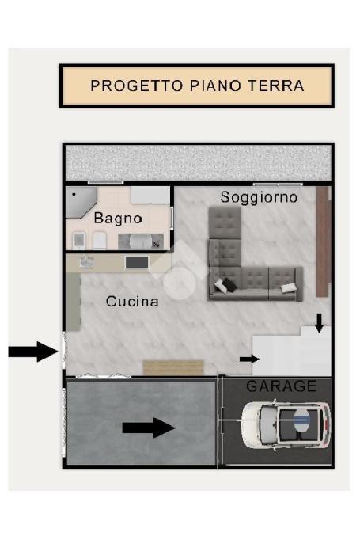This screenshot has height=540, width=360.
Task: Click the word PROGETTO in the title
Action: pyautogui.click(x=136, y=86)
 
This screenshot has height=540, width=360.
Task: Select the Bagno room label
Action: pyautogui.click(x=118, y=219)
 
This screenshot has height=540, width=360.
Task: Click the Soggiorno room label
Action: pyautogui.click(x=259, y=197)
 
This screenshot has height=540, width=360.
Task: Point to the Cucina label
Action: pyautogui.click(x=132, y=302)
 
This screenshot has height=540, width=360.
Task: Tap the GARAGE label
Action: pyautogui.click(x=282, y=386)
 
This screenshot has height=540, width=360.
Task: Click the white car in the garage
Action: pyautogui.click(x=286, y=424)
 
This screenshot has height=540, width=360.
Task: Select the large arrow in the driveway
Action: pyautogui.click(x=149, y=428)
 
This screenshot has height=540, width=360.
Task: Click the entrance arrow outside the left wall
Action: pyautogui.click(x=33, y=352)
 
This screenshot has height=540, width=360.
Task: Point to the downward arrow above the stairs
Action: pyautogui.click(x=320, y=323)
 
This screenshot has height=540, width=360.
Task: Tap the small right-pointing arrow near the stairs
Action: pyautogui.click(x=249, y=359)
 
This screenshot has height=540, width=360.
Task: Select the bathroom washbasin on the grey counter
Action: pyautogui.click(x=141, y=241)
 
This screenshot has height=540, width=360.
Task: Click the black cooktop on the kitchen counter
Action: pyautogui.click(x=137, y=262)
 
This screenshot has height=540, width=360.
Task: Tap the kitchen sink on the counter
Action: pyautogui.click(x=87, y=262)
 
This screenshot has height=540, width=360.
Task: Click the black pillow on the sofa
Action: pyautogui.click(x=229, y=284)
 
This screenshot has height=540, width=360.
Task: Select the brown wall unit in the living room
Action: pyautogui.click(x=323, y=241)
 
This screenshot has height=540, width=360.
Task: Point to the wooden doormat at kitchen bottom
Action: pyautogui.click(x=174, y=367)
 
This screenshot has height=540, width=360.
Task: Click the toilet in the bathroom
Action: pyautogui.click(x=79, y=241)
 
